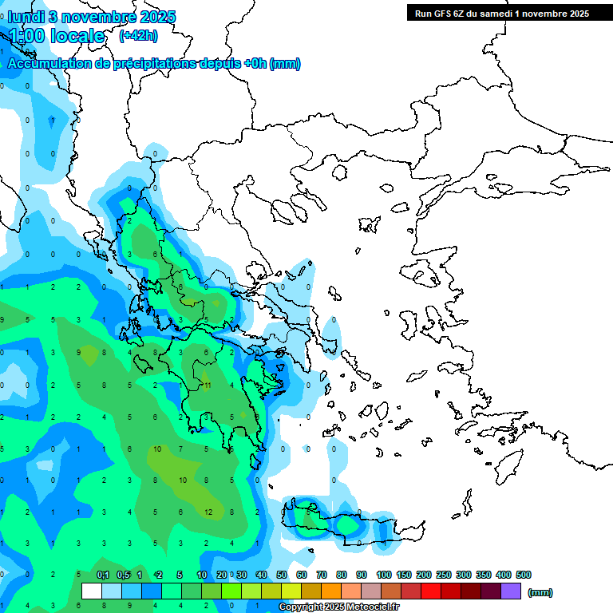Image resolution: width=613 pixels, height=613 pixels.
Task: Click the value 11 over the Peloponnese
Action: click(207, 386)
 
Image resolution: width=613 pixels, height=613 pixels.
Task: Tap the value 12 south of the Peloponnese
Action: click(208, 512)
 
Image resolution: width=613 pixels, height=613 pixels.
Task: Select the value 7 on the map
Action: click(182, 449)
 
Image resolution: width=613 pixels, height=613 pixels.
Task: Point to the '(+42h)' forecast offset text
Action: click(138, 35)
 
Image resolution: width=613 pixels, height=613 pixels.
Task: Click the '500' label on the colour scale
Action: click(523, 575)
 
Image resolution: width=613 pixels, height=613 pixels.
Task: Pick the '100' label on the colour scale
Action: click(383, 575)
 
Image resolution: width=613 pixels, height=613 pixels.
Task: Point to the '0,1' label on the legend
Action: click(103, 575)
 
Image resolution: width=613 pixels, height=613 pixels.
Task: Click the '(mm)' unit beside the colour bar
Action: click(540, 592)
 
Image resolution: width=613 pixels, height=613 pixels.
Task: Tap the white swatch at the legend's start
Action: click(92, 591)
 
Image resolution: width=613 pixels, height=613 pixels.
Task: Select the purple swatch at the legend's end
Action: click(511, 591)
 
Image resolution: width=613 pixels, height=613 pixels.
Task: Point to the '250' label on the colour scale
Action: click(443, 575)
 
